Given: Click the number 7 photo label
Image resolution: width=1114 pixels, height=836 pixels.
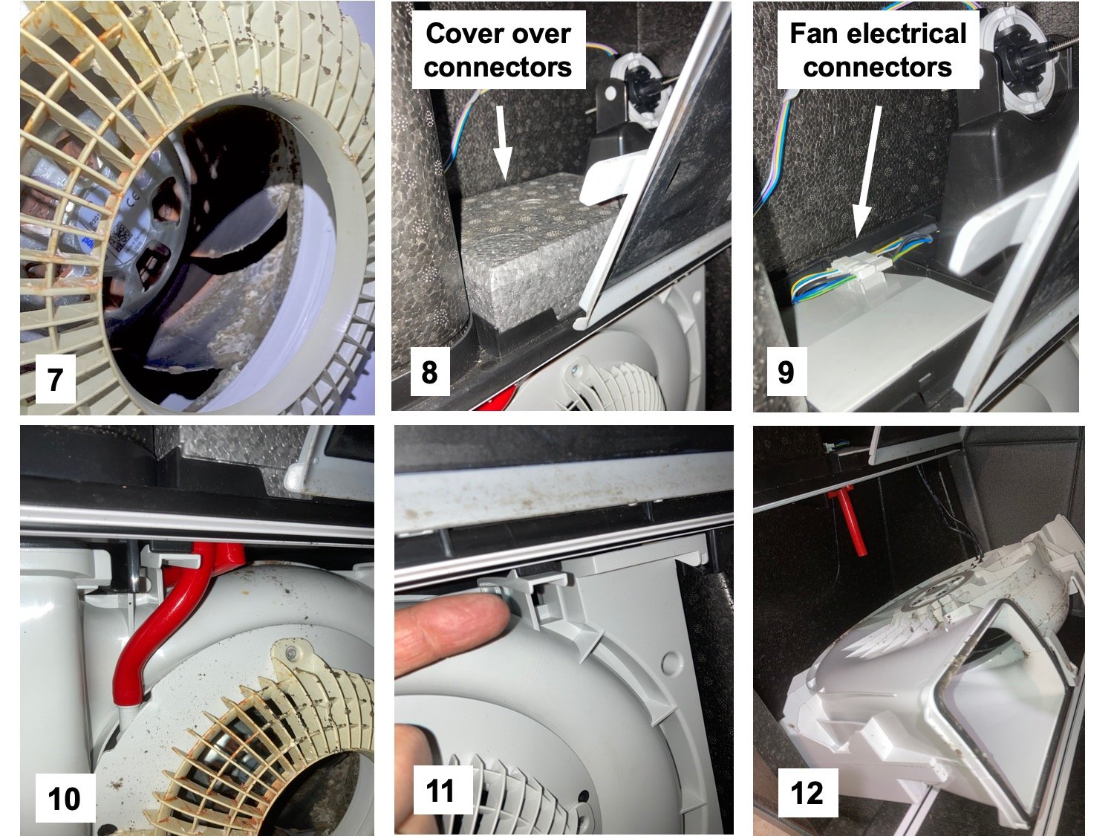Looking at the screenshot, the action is pos(55,379).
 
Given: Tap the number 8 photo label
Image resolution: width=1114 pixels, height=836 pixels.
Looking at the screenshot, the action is pos(429,372).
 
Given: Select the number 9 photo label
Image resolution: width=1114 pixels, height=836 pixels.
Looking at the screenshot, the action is pos(786,372).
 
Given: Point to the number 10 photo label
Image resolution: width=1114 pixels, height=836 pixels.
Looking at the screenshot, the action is pos(64,798).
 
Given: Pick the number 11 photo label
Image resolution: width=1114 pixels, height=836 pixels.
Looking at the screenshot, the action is pos(440,791).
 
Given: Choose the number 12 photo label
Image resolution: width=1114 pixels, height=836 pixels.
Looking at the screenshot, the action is pos(807,793).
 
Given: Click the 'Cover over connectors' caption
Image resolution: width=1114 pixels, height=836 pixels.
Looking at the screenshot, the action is pos(498,51).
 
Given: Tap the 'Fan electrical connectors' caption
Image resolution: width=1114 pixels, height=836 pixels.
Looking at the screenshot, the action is pos(878,51).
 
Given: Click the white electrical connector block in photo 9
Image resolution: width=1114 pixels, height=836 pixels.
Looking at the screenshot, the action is pos(860,268).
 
